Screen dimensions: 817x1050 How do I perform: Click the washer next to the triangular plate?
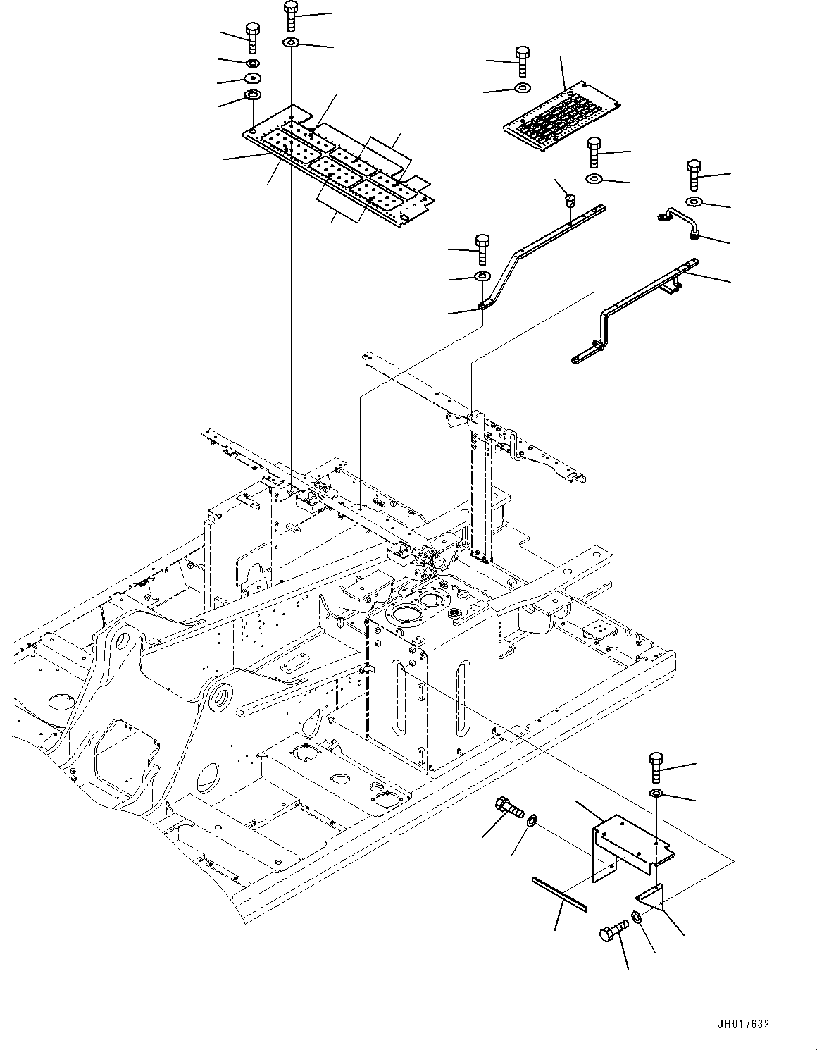637,915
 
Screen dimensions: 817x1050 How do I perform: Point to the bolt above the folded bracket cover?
656,767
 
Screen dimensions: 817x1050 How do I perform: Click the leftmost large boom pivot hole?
123,641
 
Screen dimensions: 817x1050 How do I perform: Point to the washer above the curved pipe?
693,201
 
